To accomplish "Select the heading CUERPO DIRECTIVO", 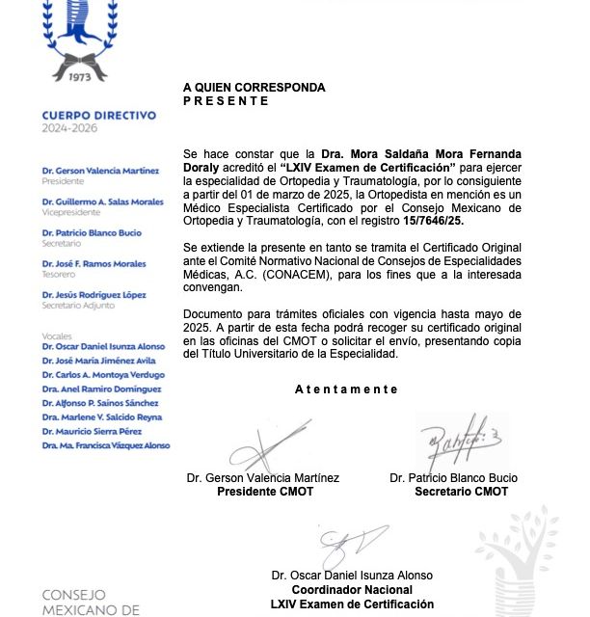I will point(98,116).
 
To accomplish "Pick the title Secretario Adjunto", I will point(77,304).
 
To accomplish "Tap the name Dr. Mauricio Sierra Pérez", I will point(94,431).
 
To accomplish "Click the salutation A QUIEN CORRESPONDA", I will point(255,88).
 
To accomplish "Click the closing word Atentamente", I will point(346,389).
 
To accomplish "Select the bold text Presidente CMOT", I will point(262,492).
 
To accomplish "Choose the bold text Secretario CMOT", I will point(461,492).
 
